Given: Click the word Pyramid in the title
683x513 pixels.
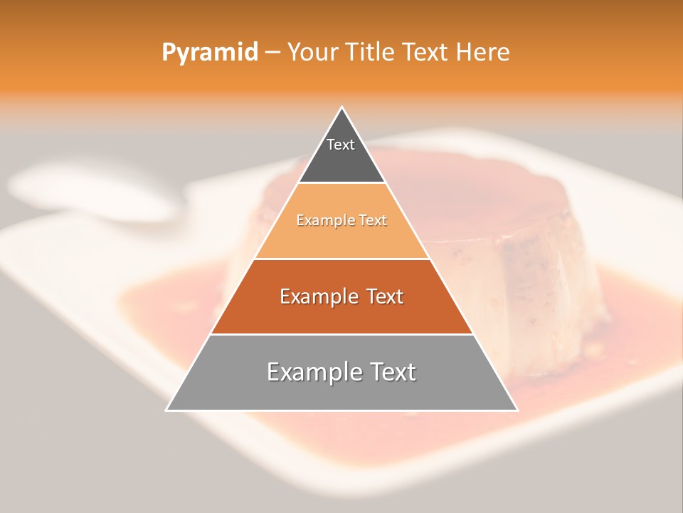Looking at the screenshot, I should tap(209, 53).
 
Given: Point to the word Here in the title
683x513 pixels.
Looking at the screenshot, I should tap(483, 52).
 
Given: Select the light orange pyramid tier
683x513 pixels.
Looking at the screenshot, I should tap(341, 239).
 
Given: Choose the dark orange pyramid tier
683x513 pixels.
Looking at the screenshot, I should tap(341, 313).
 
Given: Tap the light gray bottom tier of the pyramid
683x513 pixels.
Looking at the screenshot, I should tap(341, 392).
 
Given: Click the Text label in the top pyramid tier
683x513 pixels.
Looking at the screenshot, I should tap(341, 145).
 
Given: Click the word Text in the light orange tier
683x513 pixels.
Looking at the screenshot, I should tap(372, 221).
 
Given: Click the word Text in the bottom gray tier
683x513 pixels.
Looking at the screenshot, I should tap(391, 372).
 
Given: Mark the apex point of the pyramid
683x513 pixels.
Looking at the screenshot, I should tap(342, 108).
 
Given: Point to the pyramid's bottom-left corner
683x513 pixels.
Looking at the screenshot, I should tap(166, 410).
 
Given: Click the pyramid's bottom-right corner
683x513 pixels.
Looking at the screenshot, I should tap(517, 410).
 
